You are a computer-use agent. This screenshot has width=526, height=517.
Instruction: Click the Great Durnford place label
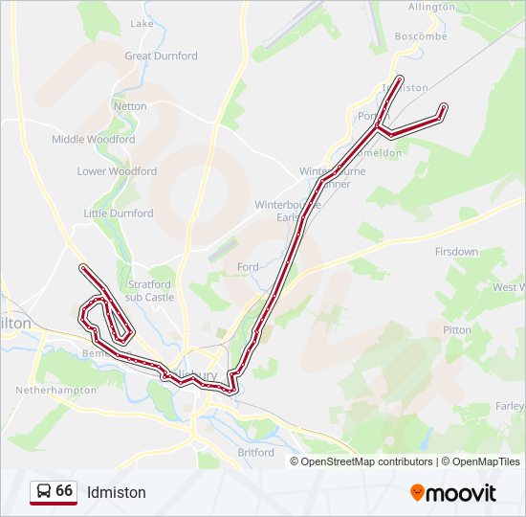tap(161, 56)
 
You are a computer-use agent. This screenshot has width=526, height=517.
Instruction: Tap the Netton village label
tap(130, 106)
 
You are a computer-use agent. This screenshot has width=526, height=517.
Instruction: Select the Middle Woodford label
tap(93, 139)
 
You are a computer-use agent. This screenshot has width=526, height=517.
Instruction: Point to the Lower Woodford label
tap(117, 171)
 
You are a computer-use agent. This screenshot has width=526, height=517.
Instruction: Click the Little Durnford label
tap(118, 214)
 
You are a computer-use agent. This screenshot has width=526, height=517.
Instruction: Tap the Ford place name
tap(248, 267)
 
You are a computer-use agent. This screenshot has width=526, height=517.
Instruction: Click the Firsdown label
tap(456, 252)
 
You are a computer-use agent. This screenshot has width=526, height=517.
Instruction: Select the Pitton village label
tap(457, 329)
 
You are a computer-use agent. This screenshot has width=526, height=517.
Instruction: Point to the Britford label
tap(255, 452)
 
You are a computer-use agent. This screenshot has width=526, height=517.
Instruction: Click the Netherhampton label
tap(56, 391)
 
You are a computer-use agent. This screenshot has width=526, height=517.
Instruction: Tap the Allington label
tap(431, 7)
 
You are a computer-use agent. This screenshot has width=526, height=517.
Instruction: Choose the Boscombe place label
tap(421, 36)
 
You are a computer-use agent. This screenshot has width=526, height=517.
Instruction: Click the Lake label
tap(142, 23)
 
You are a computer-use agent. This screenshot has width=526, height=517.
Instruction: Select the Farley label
tap(510, 407)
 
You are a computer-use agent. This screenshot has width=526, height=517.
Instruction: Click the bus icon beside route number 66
tap(43, 491)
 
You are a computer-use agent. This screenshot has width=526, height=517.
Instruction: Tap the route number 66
tap(64, 490)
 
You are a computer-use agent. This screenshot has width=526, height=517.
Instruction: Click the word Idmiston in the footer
tap(117, 492)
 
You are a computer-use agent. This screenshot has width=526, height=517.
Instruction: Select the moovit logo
tap(453, 492)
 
